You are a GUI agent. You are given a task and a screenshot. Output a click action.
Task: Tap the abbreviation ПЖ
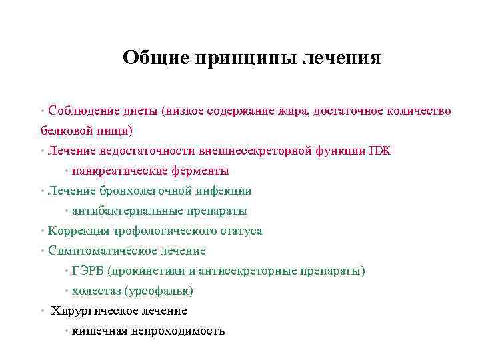pyautogui.click(x=380, y=151)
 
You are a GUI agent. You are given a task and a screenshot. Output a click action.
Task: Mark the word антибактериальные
pyautogui.click(x=125, y=211)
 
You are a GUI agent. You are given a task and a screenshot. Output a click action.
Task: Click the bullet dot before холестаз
pyautogui.click(x=67, y=291)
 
